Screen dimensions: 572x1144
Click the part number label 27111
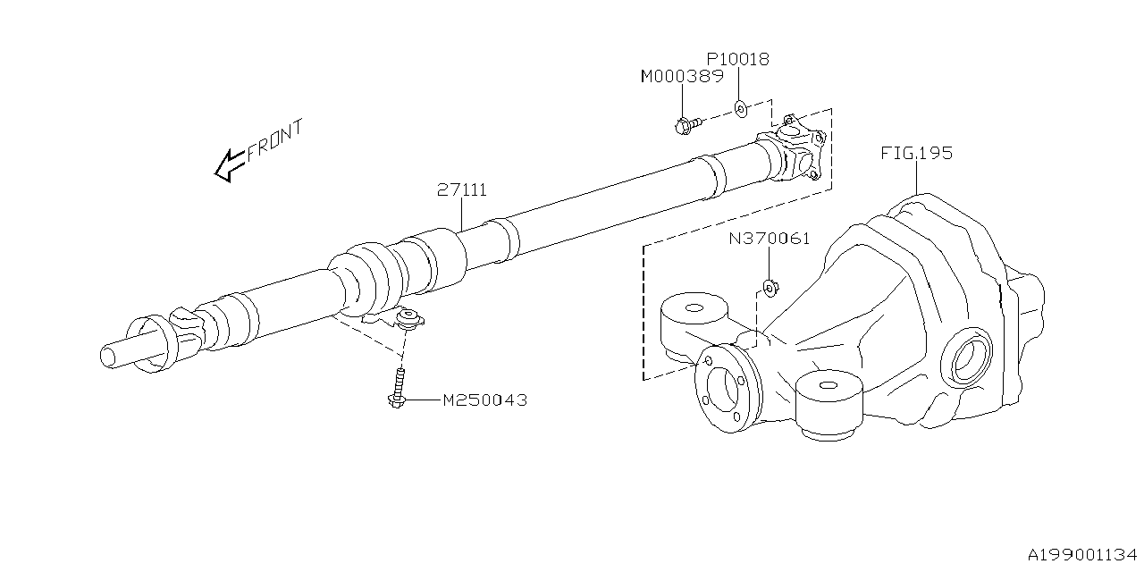tap(462, 190)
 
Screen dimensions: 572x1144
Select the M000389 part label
tap(681, 78)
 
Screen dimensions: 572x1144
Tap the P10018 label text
tap(739, 60)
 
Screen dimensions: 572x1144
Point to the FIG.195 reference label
tap(917, 153)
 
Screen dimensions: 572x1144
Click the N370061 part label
tap(769, 239)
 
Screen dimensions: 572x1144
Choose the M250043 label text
tap(485, 400)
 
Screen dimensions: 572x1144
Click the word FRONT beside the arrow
tap(275, 139)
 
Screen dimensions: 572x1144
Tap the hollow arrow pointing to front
tap(230, 165)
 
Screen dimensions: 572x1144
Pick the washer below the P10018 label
tap(741, 108)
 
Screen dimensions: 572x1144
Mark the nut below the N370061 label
tap(769, 288)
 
